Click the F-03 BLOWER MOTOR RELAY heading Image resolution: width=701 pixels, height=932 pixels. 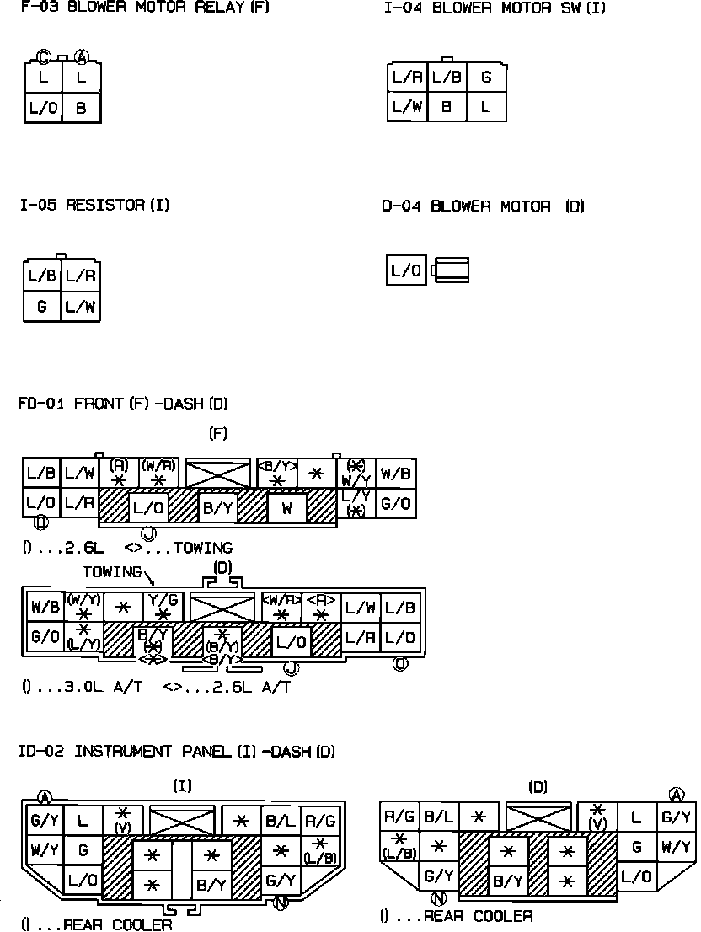pos(144,8)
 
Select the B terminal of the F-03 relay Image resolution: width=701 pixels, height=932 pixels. pos(82,108)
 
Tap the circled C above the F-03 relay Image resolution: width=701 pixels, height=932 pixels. pos(44,57)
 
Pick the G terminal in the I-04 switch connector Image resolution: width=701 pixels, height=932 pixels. pos(486,78)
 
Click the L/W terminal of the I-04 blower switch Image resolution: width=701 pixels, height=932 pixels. pos(407,107)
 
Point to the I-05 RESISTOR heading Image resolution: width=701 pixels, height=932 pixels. pos(94,205)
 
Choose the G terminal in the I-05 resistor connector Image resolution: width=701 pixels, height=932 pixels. pos(42,307)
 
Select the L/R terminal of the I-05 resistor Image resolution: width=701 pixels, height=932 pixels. pos(81,276)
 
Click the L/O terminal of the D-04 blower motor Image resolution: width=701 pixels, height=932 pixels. pos(407,270)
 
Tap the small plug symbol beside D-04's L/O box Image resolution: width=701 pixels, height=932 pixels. pos(450,270)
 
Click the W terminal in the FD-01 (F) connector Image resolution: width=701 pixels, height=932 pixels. pos(287,507)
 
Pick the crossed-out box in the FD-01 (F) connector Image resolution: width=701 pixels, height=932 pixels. pos(218,474)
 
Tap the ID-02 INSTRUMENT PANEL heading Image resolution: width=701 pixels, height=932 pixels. pos(177,751)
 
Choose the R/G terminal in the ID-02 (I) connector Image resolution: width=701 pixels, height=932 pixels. pos(321,820)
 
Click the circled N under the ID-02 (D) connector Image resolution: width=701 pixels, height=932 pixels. pos(438,898)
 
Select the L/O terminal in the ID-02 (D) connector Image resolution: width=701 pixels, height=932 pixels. pos(637,876)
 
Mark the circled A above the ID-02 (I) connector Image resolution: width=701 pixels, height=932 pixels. pos(45,797)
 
